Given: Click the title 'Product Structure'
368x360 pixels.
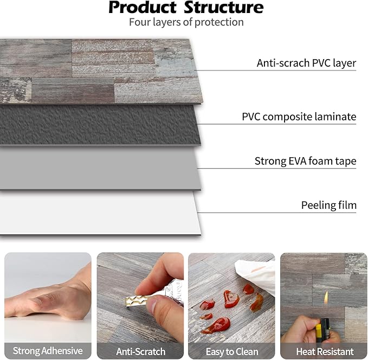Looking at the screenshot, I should tap(186, 8).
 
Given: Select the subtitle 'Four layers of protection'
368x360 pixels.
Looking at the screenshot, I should tap(186, 22).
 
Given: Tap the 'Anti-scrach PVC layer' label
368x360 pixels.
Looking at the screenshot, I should tap(306, 63).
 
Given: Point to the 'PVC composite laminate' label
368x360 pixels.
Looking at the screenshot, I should tap(299, 117).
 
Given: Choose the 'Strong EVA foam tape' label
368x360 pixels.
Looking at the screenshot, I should tap(305, 161).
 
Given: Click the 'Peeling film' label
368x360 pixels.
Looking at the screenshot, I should tap(328, 205).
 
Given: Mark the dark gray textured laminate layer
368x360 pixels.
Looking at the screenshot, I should tap(98, 125).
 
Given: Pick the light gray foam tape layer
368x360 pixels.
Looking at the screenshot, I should tap(98, 168).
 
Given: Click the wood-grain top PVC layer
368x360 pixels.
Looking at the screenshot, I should tap(98, 70).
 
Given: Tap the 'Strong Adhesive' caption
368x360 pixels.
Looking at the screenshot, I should tap(48, 351).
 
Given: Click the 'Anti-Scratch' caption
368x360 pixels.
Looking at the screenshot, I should tap(140, 351).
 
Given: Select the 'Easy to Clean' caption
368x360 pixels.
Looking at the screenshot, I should tap(231, 351).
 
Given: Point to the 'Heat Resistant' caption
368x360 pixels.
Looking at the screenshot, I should tap(324, 351).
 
